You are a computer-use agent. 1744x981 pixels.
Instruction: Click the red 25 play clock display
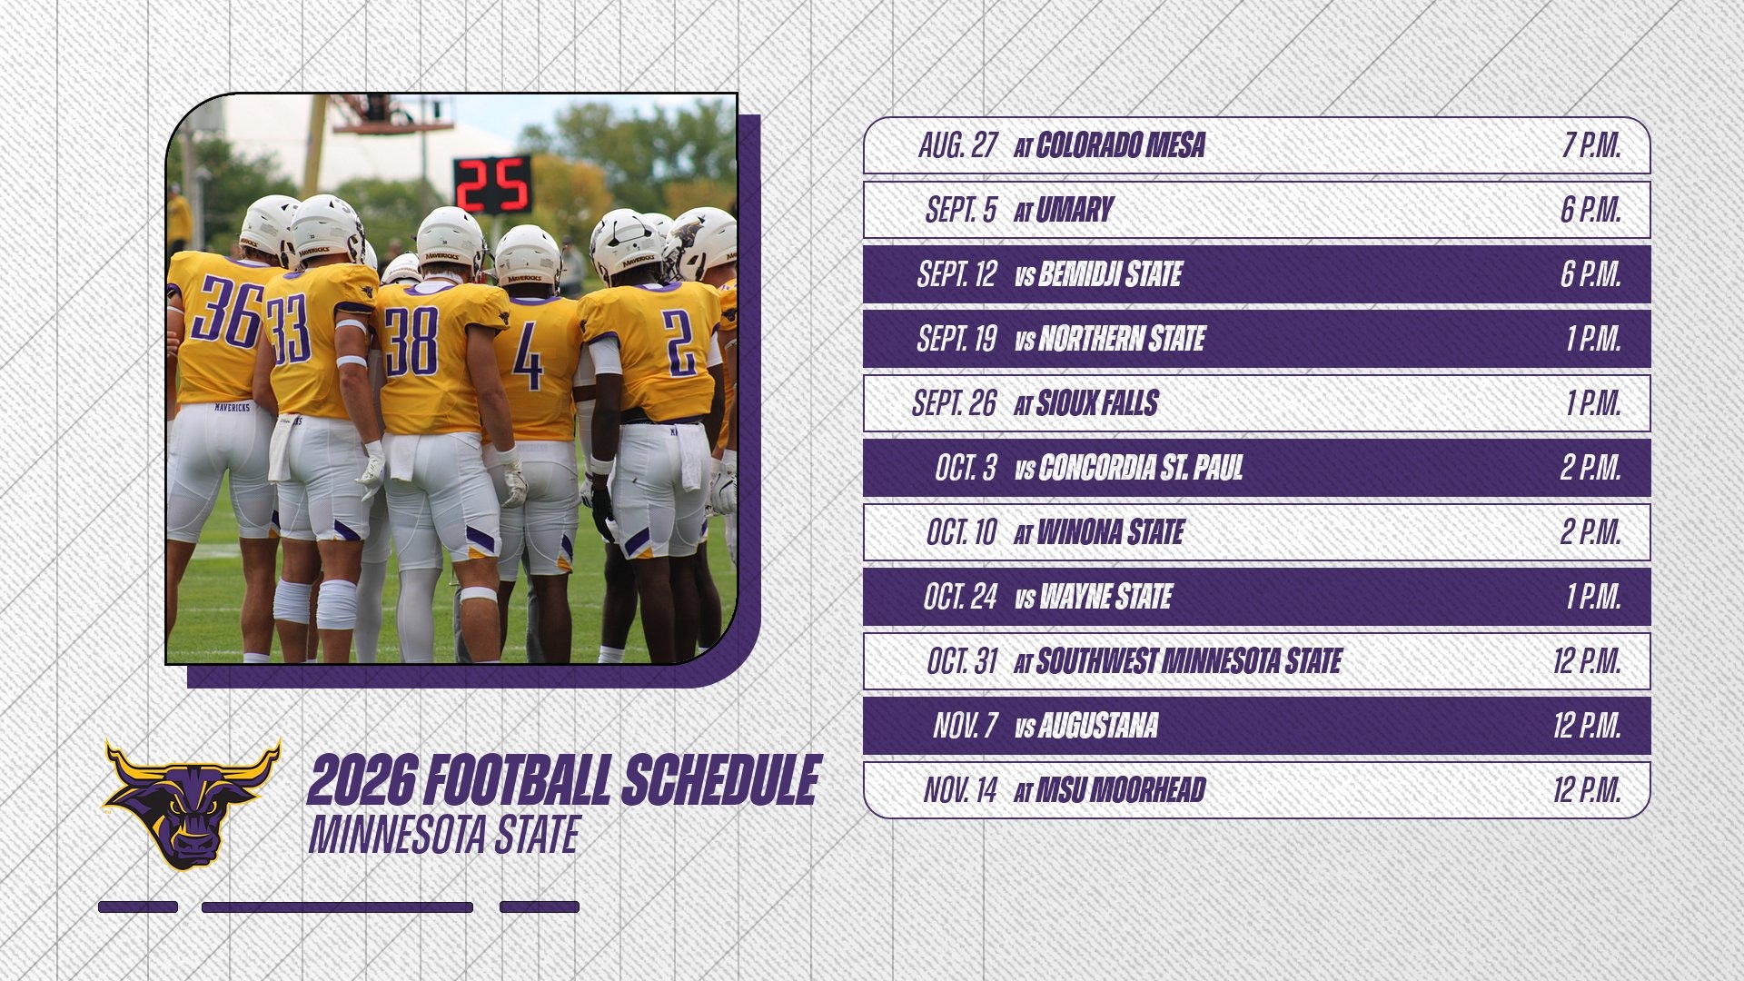click(492, 184)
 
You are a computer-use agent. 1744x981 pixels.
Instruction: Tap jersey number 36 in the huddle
click(225, 312)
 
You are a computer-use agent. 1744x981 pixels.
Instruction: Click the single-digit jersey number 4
click(528, 357)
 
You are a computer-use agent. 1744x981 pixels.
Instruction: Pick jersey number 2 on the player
click(678, 342)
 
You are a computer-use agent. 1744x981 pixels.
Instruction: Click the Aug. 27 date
click(957, 145)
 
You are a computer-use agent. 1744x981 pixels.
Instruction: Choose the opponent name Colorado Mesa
click(1120, 145)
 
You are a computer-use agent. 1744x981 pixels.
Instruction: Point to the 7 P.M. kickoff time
click(1590, 145)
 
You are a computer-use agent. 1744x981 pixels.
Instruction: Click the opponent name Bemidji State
click(1109, 274)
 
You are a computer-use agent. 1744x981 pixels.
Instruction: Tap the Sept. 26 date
click(954, 403)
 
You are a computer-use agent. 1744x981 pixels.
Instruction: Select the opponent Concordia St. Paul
click(1140, 468)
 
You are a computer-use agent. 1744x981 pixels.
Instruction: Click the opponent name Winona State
click(1110, 532)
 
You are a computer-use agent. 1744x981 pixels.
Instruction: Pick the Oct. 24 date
click(959, 597)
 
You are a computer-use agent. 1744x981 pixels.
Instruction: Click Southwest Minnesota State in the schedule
click(1188, 661)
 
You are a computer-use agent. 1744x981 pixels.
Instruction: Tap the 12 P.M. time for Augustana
click(1586, 726)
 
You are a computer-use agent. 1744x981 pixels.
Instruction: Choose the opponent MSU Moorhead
click(1120, 790)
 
